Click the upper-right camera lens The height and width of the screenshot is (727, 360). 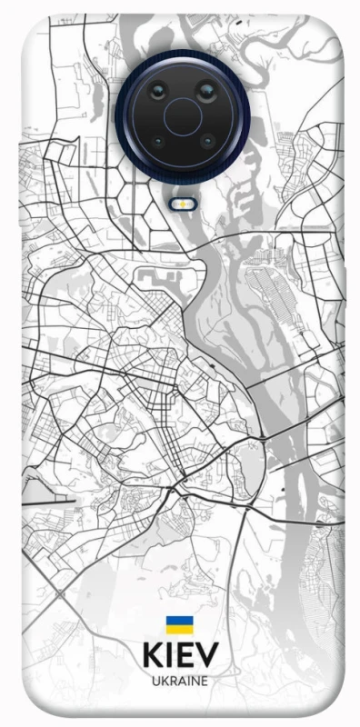point(205,92)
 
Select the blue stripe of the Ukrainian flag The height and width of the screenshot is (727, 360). point(178,621)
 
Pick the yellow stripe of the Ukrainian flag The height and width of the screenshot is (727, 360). point(178,629)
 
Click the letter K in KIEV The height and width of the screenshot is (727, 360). point(152,656)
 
